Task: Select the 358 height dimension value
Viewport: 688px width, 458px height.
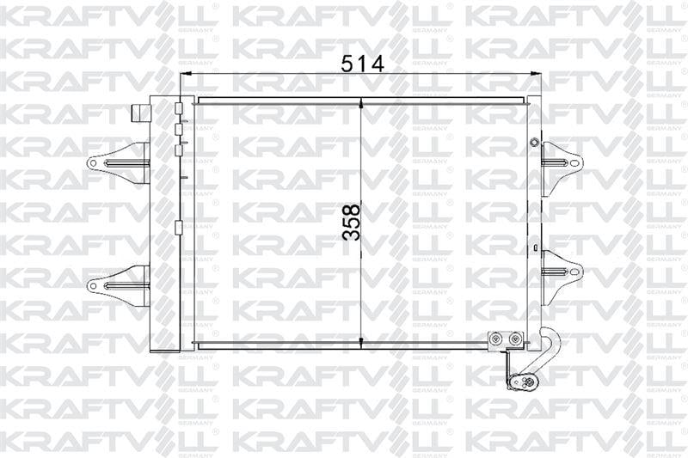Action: coord(350,222)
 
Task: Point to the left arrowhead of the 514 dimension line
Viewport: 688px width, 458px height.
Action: coord(184,76)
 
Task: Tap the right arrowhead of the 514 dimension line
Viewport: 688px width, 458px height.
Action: coord(538,76)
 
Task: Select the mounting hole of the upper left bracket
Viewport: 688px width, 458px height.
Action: coord(93,162)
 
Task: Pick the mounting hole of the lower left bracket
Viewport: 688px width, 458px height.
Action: coord(93,282)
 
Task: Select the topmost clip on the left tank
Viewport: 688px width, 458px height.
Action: coord(178,110)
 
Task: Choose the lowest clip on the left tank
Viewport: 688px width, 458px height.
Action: coord(178,228)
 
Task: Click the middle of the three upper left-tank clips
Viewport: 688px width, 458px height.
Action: coord(178,130)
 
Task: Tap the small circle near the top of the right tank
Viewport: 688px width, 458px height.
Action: coord(534,142)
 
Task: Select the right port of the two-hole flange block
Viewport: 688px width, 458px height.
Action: coord(513,341)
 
